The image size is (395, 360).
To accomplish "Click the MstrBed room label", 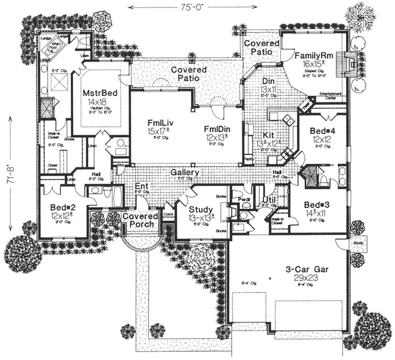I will point(96,93).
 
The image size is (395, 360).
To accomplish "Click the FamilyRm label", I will point(312,56).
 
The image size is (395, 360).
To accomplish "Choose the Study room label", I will point(200,210).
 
